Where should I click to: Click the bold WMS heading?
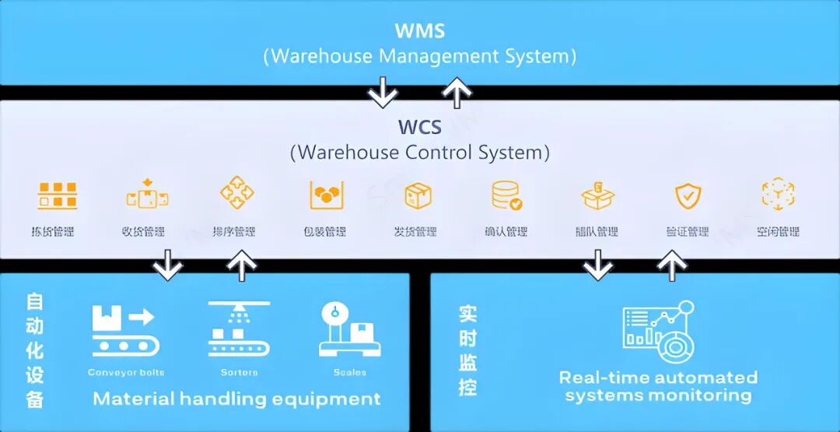[420, 31]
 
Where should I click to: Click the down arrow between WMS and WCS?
[383, 92]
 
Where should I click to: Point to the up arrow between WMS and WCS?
[457, 92]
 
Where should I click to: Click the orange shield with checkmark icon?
[688, 196]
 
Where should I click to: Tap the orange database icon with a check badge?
[506, 196]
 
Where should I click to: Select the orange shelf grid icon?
[57, 196]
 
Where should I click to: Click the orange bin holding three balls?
[327, 195]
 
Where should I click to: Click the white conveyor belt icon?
[125, 331]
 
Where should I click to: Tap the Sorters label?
[239, 373]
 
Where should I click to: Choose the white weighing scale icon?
[349, 329]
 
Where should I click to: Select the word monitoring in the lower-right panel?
[705, 396]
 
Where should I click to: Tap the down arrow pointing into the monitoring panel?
[597, 265]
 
